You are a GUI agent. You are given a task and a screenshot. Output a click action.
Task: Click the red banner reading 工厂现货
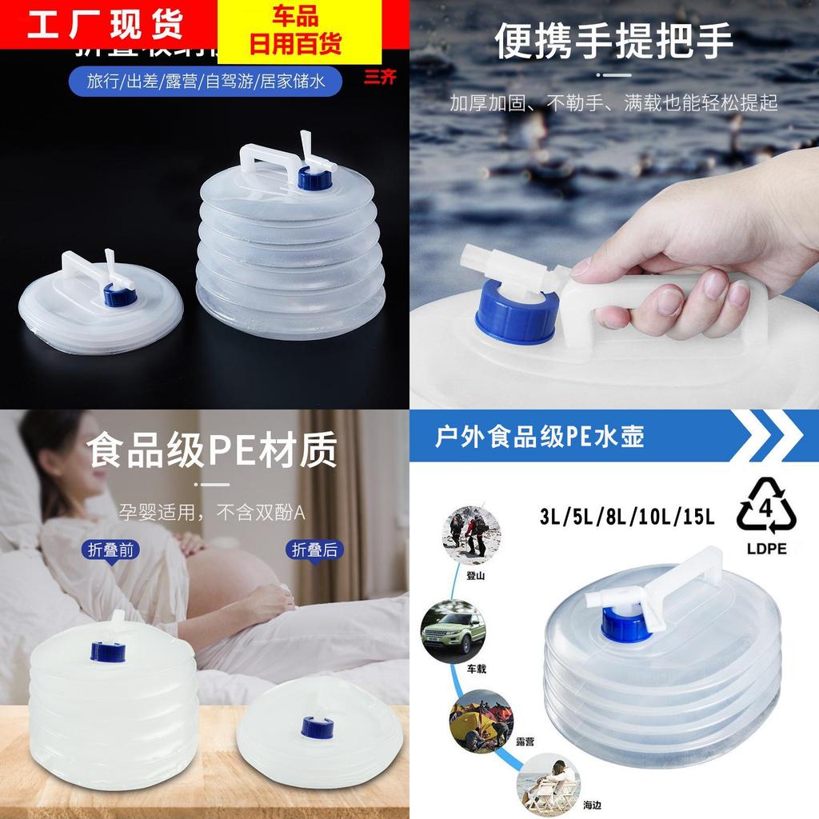[105, 25]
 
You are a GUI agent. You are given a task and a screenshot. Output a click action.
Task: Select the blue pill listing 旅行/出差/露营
[203, 82]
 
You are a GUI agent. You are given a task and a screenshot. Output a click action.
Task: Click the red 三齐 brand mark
[379, 78]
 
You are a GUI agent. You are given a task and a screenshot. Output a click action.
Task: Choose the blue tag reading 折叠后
[312, 549]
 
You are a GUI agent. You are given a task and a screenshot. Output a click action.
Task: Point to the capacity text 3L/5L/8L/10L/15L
[626, 517]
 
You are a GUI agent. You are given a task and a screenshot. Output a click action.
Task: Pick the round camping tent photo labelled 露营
[480, 720]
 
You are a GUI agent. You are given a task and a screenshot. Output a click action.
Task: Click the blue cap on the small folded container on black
[121, 297]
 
